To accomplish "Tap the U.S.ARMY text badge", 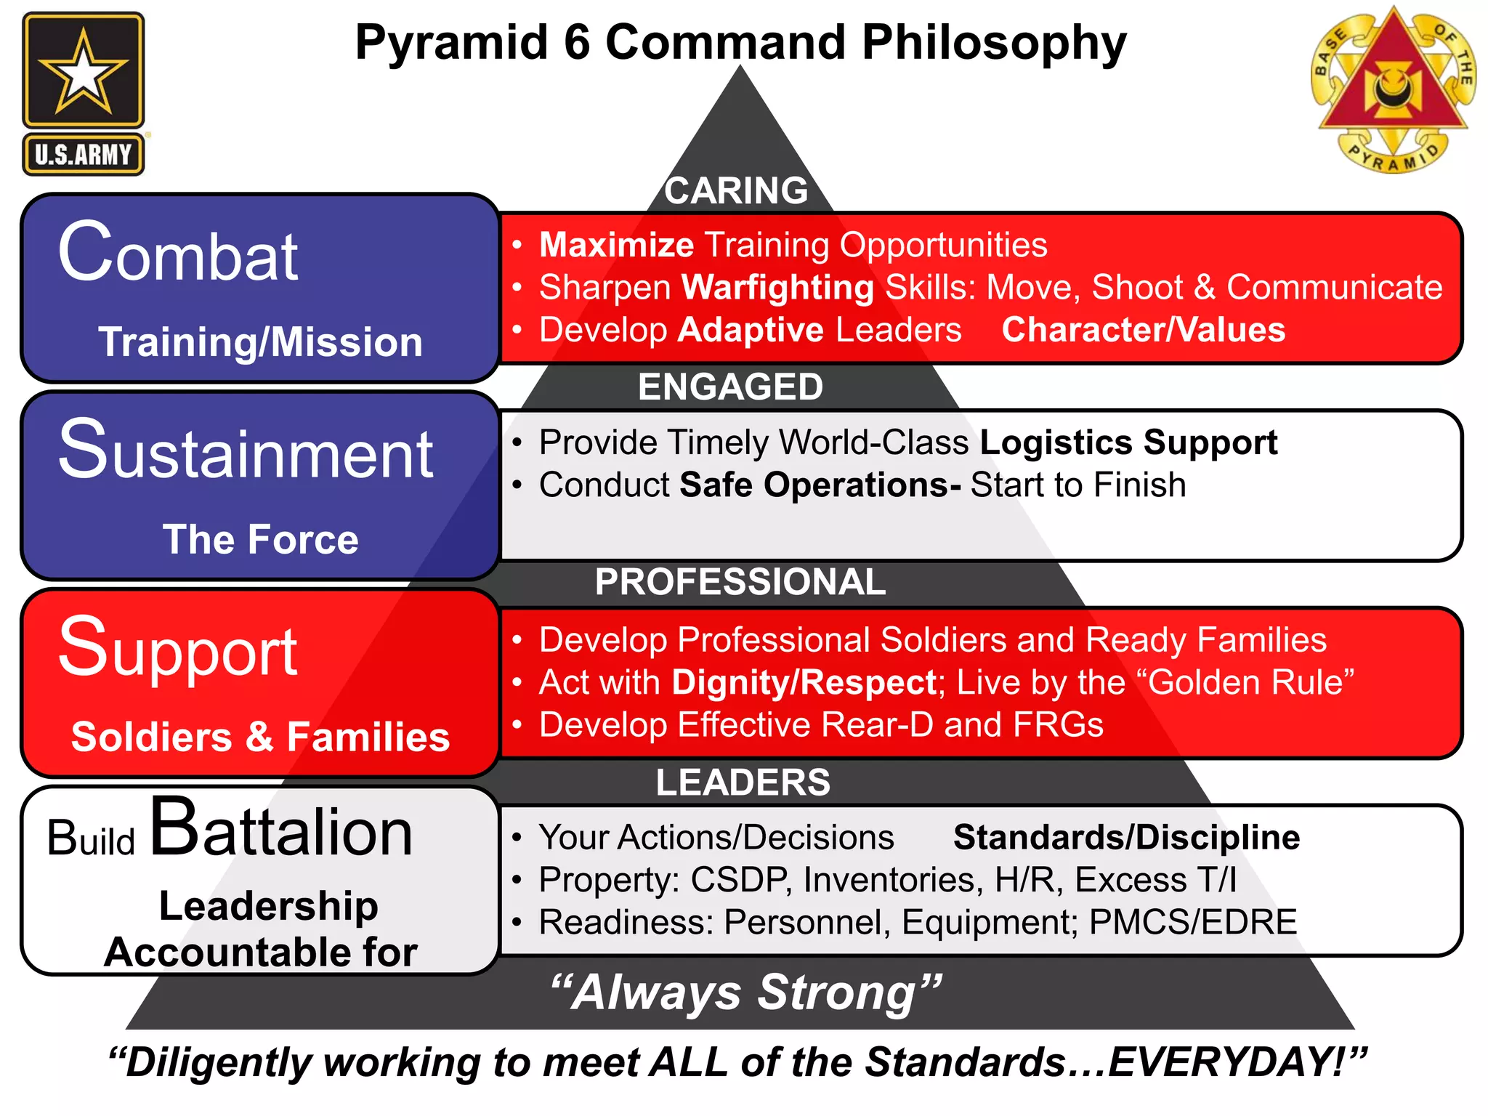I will tap(83, 154).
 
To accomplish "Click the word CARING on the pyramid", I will tap(735, 191).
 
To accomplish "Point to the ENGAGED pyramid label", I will tap(730, 387).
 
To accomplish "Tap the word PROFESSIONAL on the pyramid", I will tap(740, 582).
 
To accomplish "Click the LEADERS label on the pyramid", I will tap(743, 783).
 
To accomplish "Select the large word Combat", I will tap(178, 254).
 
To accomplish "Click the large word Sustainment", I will tap(246, 451).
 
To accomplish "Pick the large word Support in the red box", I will tap(178, 649).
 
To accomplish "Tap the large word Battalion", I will tap(281, 830).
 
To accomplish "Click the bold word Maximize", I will tap(616, 245).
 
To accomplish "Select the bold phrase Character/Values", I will tap(1143, 330).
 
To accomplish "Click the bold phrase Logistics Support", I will tap(1128, 442).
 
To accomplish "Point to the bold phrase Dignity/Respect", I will tap(804, 683).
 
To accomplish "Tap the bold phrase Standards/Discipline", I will tap(1126, 837).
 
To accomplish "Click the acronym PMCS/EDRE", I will tap(1193, 922).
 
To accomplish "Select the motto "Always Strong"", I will tap(745, 992).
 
